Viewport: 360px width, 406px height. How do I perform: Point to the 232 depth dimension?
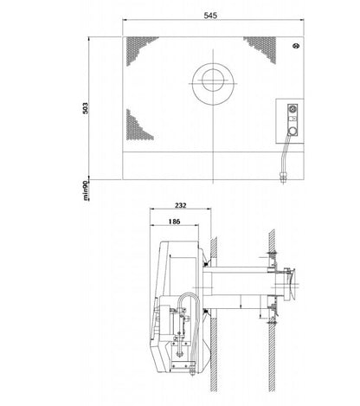[x=180, y=205]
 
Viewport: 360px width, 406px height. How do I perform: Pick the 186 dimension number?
[x=173, y=222]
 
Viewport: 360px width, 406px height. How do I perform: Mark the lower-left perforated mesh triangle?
[x=138, y=126]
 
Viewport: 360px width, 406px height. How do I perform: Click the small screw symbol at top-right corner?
[x=295, y=46]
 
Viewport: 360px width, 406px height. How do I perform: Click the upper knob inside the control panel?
[x=291, y=110]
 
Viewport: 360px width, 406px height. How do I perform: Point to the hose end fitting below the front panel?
[x=283, y=177]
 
